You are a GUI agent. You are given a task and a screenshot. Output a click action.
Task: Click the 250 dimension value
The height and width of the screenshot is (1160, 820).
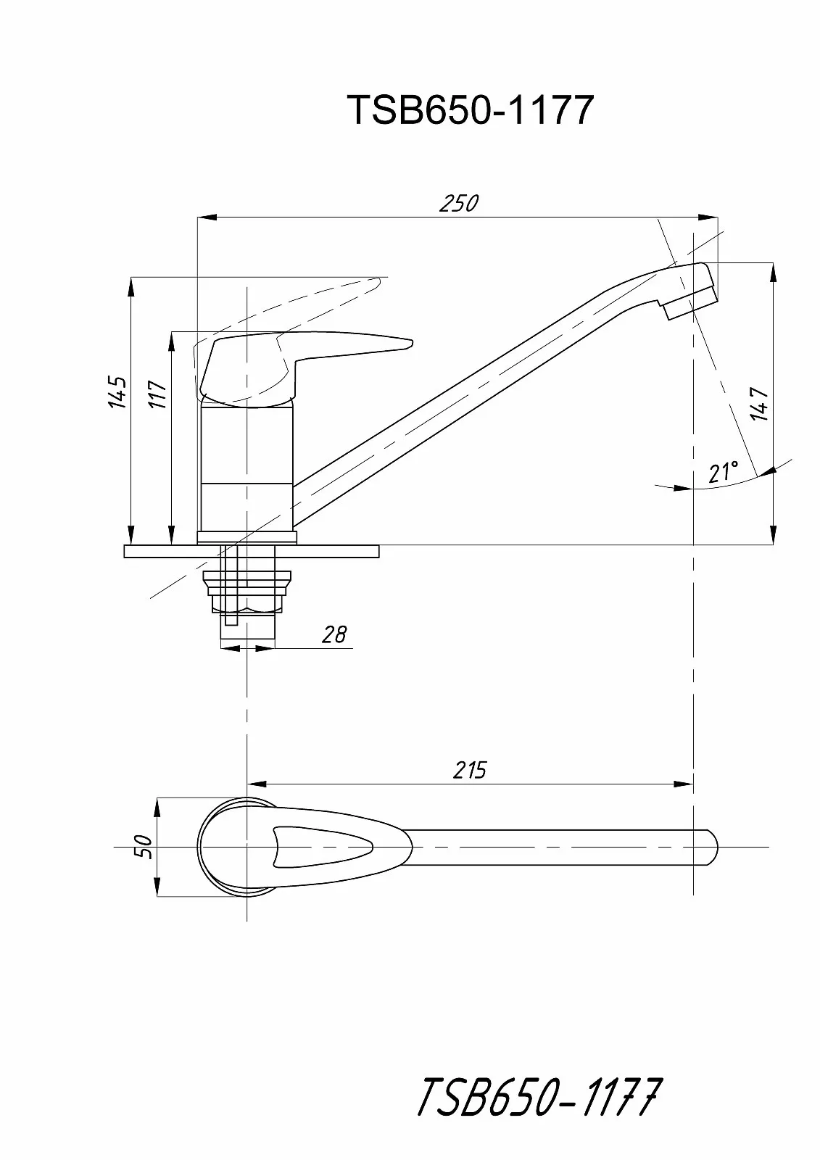click(x=458, y=204)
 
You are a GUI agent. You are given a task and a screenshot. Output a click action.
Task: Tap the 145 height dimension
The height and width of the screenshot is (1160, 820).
click(x=118, y=392)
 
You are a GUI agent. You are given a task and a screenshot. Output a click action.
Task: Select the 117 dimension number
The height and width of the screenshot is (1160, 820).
click(x=159, y=394)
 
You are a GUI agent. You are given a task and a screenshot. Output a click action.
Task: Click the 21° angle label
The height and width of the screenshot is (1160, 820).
click(x=723, y=472)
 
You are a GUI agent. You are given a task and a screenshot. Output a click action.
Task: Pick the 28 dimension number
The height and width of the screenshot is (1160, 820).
click(x=334, y=634)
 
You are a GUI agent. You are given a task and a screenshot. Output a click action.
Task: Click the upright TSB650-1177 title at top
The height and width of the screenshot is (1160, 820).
click(x=471, y=110)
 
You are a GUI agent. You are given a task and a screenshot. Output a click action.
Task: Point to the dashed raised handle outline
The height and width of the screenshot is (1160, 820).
click(x=290, y=311)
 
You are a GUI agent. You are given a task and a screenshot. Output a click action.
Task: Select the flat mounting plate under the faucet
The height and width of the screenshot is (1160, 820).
click(x=252, y=551)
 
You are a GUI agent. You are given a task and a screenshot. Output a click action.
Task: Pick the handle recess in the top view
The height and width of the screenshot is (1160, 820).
click(x=322, y=847)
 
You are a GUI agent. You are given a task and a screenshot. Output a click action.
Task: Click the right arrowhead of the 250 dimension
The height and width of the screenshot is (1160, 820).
click(x=708, y=217)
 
